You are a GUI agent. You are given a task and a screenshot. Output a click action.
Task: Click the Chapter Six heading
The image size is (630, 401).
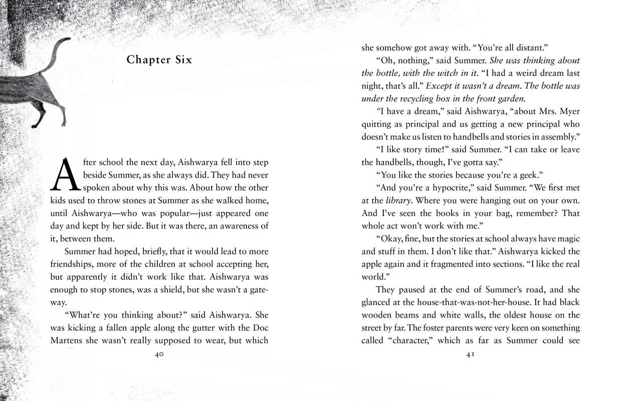(x=159, y=60)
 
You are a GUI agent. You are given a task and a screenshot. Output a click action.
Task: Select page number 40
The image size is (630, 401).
(x=159, y=354)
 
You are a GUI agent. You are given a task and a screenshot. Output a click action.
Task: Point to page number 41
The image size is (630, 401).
(x=471, y=354)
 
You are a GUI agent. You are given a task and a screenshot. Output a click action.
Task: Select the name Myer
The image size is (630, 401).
(x=569, y=111)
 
